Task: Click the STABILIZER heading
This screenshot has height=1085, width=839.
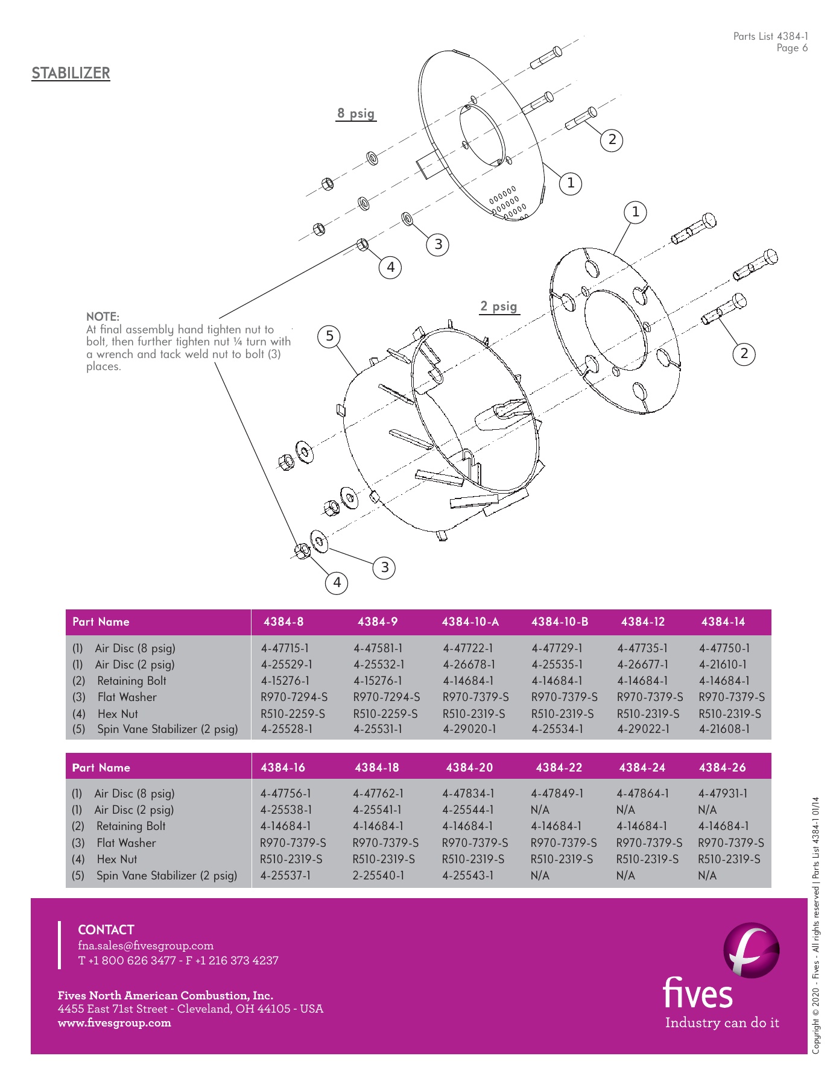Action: click(71, 74)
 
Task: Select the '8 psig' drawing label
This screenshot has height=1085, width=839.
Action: click(356, 113)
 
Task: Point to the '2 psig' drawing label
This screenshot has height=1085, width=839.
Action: click(499, 306)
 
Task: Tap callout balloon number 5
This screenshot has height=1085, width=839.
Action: click(329, 336)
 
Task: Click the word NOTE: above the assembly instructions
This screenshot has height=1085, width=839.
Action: click(103, 316)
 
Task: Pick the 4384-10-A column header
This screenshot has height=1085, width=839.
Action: click(470, 621)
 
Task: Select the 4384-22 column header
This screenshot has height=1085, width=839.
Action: click(559, 767)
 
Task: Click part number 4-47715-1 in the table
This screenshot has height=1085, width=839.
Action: click(285, 649)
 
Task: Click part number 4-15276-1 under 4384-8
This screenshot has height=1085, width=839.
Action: click(285, 681)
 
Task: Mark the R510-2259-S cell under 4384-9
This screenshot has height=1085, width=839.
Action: click(386, 714)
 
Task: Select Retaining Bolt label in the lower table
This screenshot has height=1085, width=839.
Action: click(131, 826)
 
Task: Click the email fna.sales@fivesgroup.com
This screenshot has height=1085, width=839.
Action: click(145, 946)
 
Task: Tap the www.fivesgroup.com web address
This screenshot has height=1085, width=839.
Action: click(114, 1023)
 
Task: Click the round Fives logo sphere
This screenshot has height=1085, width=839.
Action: click(751, 951)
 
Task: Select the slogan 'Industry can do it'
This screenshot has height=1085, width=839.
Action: click(722, 1023)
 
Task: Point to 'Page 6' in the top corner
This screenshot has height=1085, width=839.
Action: click(791, 48)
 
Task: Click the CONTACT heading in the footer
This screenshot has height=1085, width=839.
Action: click(106, 929)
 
